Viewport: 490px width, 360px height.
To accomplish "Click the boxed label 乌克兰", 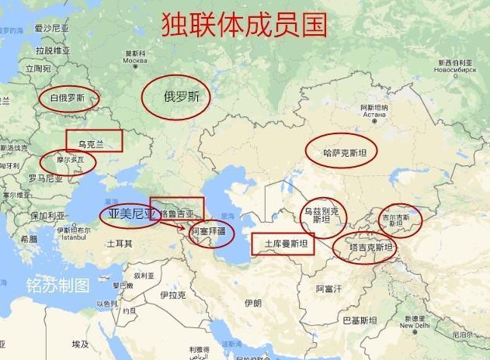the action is (x=94, y=142).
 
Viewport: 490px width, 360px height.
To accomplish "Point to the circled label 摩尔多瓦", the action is (x=68, y=161).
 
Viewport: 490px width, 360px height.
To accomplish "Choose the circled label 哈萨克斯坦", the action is (x=341, y=151).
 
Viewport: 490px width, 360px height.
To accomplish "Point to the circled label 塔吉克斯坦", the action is (x=365, y=248).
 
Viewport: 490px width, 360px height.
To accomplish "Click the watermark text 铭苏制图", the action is (x=58, y=284).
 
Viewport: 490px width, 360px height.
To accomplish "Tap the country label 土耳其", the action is (x=119, y=244).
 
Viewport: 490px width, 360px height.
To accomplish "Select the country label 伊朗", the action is (x=252, y=303).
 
